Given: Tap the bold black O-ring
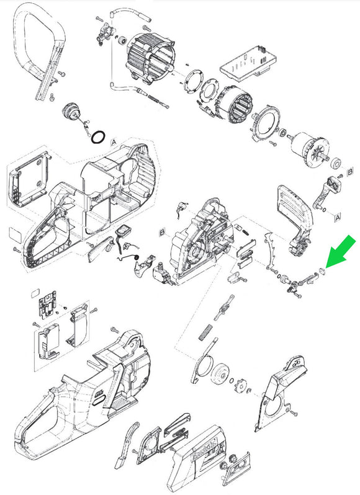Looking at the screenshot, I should pyautogui.click(x=97, y=136).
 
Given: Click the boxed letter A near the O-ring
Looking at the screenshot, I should pyautogui.click(x=113, y=142).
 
